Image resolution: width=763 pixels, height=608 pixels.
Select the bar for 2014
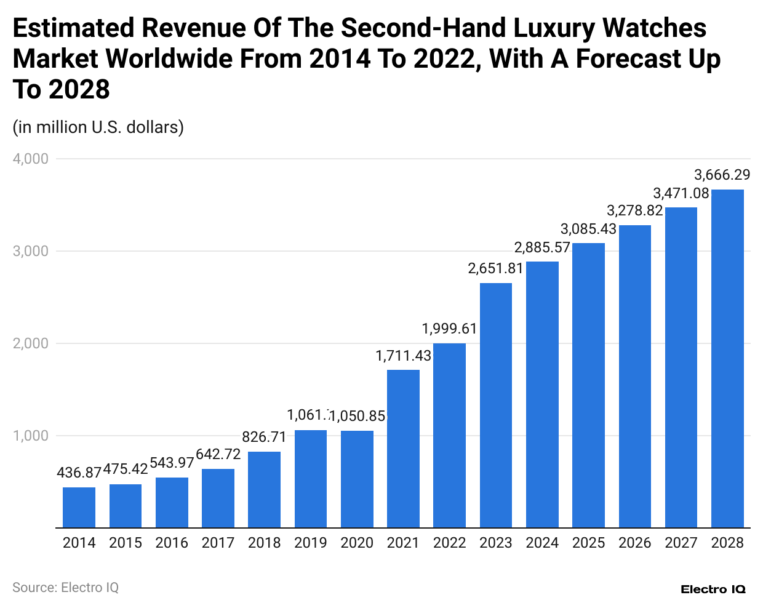tap(79, 507)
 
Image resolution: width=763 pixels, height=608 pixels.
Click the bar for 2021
tap(403, 449)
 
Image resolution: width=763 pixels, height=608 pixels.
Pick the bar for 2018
tap(264, 489)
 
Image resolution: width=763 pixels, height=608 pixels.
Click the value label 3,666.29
tap(722, 175)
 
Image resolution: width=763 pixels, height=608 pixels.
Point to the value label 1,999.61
tap(449, 329)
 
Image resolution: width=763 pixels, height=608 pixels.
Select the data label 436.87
tap(79, 473)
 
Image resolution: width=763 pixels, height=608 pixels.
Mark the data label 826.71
tap(264, 437)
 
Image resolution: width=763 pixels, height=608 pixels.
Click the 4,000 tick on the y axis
tap(31, 159)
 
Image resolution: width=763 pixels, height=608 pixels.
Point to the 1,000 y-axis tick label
tap(31, 436)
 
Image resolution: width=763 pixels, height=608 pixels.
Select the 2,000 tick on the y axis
tap(31, 343)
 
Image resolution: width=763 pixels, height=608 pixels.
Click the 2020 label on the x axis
tap(357, 543)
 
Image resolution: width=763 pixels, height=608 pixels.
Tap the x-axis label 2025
tap(589, 543)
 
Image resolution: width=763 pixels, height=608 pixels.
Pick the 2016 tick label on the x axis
tap(172, 543)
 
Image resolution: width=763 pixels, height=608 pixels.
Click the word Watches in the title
tap(654, 28)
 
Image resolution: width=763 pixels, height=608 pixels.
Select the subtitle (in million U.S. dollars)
tap(98, 127)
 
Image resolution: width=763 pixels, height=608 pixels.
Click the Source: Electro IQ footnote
tap(65, 588)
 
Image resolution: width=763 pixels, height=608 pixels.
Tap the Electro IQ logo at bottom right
tap(713, 590)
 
